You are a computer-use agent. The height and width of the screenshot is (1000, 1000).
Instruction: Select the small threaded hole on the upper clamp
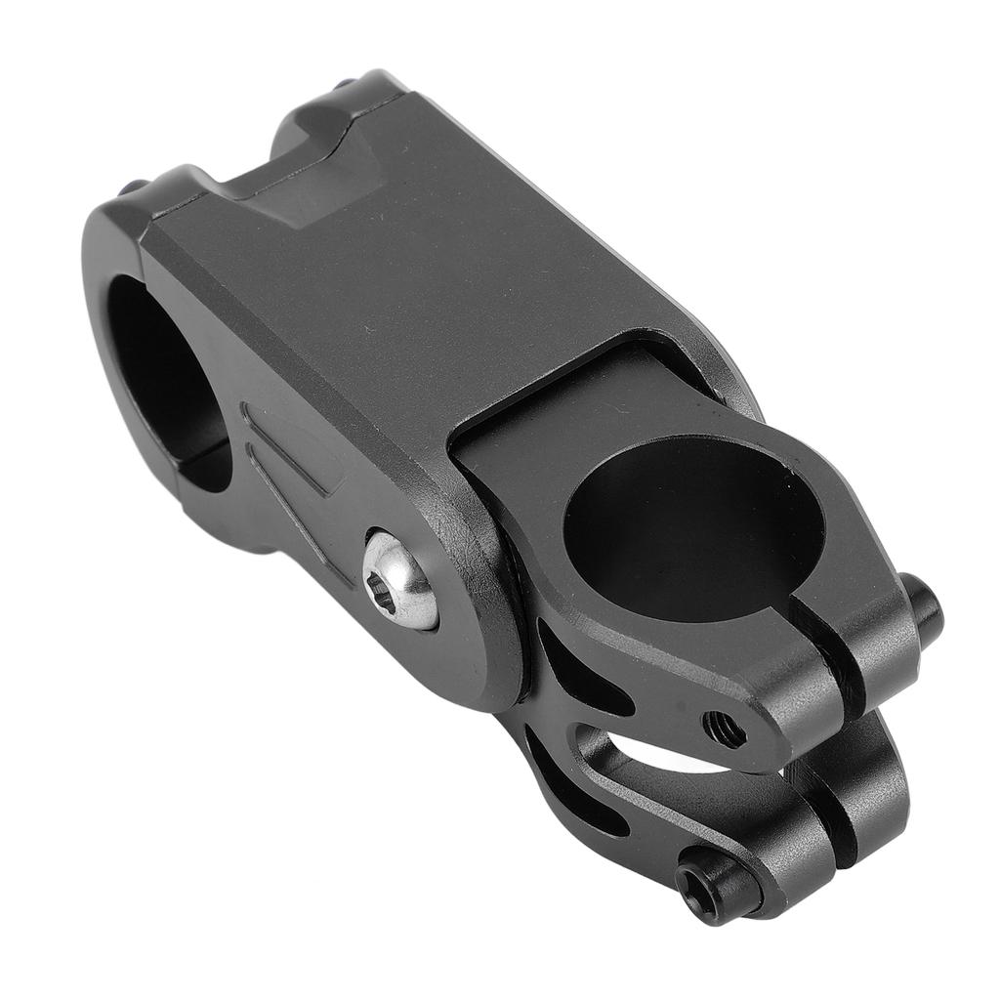[725, 728]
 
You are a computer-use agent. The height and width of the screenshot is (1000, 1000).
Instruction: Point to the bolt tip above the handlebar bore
[133, 187]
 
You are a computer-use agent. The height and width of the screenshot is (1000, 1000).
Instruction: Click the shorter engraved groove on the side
[293, 439]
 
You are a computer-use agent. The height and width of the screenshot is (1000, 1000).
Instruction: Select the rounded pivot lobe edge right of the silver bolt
[493, 625]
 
